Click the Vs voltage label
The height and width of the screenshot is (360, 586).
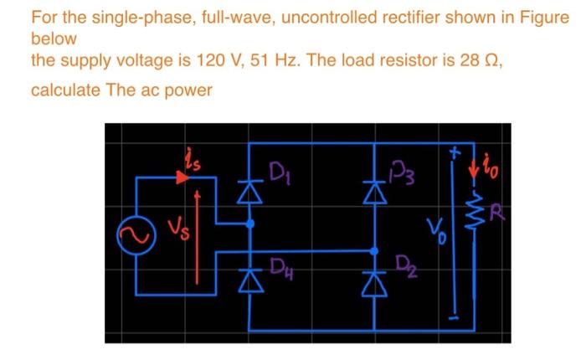(173, 229)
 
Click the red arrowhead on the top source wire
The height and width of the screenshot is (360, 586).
(182, 177)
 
